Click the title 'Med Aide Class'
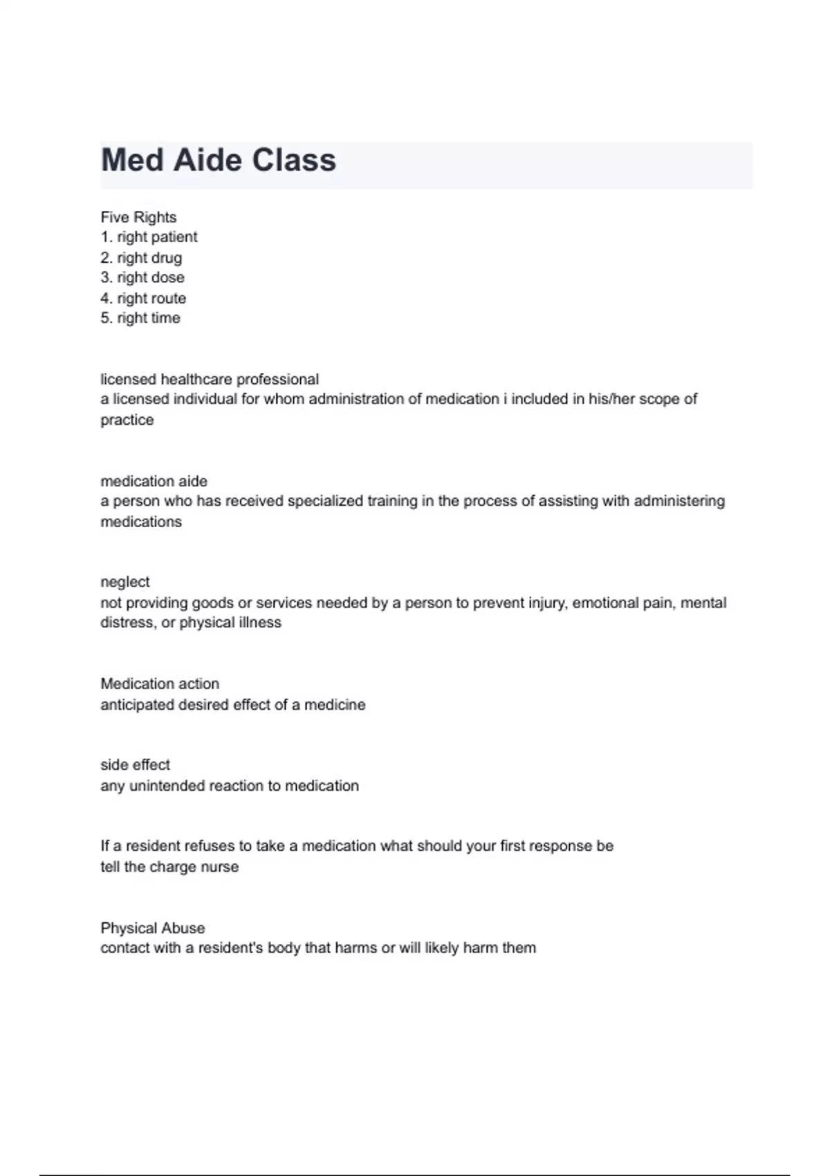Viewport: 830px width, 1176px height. coord(219,160)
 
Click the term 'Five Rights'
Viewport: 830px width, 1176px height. coord(138,217)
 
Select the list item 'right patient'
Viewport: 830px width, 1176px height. coord(157,237)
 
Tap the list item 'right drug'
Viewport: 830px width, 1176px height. coord(149,258)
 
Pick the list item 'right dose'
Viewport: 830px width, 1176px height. coord(150,277)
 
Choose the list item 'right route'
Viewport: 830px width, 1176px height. coord(151,298)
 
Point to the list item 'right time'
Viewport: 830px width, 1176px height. coord(148,318)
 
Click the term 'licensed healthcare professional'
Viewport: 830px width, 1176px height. coord(210,379)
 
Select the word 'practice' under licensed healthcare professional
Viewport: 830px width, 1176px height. coord(127,420)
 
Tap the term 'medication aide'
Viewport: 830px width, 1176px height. coord(154,481)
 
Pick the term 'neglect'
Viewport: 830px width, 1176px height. coord(125,582)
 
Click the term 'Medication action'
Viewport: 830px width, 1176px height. coord(160,683)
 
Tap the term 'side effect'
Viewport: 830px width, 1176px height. coord(135,764)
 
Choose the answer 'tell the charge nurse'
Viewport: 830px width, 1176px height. coord(169,867)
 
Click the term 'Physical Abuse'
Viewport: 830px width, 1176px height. coord(153,928)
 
